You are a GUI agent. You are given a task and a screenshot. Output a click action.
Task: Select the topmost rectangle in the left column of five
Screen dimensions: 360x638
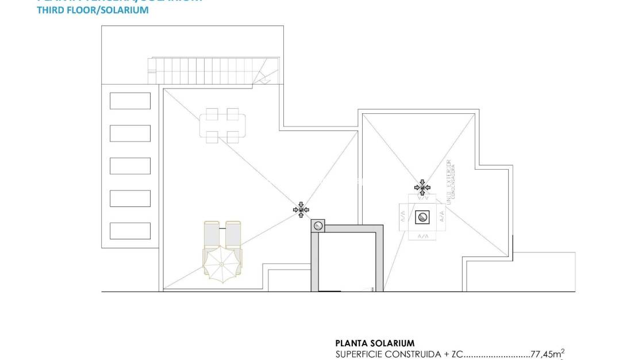(130, 101)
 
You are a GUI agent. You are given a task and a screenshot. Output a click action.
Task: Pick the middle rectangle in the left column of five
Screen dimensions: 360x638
(130, 166)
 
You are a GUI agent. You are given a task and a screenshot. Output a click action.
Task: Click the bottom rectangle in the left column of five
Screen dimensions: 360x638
(130, 231)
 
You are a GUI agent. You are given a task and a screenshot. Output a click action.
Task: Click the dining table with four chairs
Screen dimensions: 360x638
(222, 125)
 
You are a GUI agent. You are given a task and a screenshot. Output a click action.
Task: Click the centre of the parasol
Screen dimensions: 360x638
(222, 264)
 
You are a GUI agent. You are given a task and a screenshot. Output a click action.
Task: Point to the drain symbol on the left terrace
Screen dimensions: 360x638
(301, 210)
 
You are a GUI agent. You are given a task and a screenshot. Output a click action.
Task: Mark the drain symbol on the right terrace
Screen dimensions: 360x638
(422, 187)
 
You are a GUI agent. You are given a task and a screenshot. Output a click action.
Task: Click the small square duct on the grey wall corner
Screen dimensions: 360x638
(317, 225)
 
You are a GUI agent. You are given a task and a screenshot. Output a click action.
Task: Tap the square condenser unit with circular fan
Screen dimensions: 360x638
(422, 217)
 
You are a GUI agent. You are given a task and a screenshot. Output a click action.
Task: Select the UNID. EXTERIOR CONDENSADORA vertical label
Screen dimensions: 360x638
(451, 181)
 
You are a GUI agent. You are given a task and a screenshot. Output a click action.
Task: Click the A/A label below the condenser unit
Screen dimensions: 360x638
(422, 236)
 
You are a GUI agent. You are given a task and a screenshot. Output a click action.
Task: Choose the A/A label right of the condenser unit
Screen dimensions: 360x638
(442, 217)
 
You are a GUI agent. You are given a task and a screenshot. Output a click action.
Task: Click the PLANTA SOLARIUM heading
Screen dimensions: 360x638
(374, 343)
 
